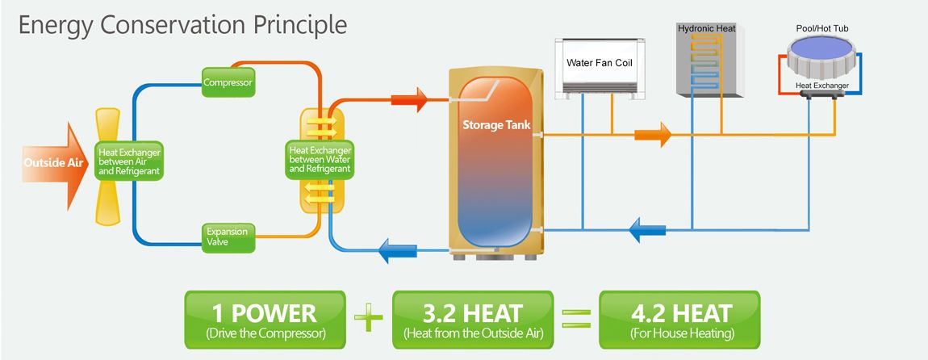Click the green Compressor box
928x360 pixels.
tap(228, 82)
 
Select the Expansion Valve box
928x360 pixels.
tap(227, 236)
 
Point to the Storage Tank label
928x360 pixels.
tap(493, 126)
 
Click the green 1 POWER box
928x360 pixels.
tap(265, 319)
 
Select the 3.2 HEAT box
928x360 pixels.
tap(473, 319)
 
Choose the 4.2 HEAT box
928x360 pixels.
tap(678, 319)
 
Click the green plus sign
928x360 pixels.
tap(369, 318)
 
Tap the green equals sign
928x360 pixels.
tap(574, 317)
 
